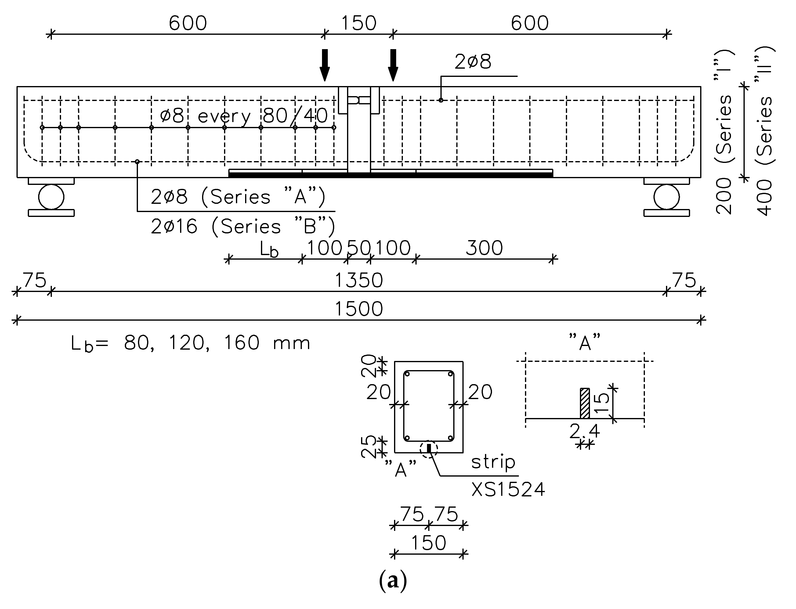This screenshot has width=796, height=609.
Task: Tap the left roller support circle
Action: (51, 197)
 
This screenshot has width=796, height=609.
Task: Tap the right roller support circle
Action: (667, 197)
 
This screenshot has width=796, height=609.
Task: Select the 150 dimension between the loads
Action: (359, 23)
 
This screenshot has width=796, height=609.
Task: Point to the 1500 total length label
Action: (358, 309)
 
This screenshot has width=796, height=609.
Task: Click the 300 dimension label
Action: (484, 248)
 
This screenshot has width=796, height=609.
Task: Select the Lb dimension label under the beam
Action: (269, 249)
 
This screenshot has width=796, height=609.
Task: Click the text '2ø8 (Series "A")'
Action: (238, 197)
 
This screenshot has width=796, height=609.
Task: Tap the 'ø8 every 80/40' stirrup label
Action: (244, 116)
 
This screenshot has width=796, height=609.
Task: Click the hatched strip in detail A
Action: (584, 403)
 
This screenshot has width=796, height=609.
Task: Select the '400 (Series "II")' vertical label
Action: (765, 131)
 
